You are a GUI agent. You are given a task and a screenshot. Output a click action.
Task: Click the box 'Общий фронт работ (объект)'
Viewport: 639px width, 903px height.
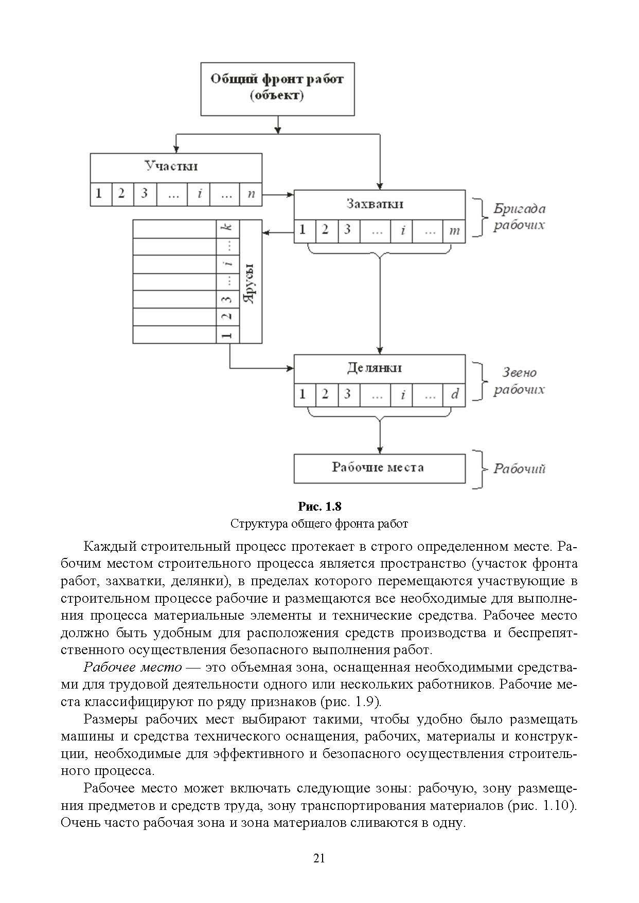[277, 88]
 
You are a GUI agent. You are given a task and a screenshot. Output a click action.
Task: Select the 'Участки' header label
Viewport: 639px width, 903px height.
[171, 167]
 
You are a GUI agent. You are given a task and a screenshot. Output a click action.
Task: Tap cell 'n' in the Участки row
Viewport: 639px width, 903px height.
[251, 194]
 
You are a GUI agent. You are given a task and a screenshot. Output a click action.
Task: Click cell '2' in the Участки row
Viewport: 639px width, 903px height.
[121, 194]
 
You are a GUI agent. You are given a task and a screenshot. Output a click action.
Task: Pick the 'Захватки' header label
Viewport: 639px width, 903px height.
[375, 204]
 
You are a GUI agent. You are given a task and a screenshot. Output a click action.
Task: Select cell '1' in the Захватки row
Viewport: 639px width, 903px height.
[303, 230]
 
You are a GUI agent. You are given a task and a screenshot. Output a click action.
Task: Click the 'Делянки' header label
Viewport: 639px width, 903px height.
[375, 368]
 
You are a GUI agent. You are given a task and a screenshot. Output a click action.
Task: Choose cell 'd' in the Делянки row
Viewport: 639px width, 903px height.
[455, 394]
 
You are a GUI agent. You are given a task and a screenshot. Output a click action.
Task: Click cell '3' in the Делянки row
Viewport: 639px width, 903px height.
[348, 394]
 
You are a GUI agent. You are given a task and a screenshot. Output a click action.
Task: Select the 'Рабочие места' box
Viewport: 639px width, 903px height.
[379, 467]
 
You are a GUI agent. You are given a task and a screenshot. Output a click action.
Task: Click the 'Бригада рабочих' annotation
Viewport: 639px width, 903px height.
[519, 217]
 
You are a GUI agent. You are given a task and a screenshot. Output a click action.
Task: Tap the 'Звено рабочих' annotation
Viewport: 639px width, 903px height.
[519, 381]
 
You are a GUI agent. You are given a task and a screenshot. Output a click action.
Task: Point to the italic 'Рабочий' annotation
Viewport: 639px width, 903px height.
[519, 468]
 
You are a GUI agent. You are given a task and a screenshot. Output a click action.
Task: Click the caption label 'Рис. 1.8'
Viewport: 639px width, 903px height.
[319, 507]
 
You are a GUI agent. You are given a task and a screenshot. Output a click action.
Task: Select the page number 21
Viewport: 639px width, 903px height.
[319, 858]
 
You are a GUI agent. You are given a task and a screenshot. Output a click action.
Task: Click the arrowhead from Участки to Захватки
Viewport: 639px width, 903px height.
[290, 194]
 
